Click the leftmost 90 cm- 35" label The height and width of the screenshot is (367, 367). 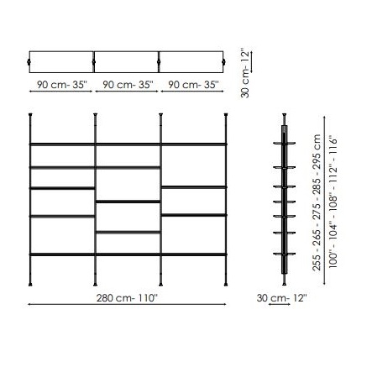point(61,86)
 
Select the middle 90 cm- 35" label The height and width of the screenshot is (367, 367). point(126,86)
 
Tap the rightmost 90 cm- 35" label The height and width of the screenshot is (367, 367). point(191,86)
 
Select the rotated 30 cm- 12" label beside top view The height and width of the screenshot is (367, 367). point(246,75)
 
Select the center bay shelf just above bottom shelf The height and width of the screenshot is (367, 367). point(128,231)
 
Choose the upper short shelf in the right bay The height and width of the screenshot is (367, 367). point(193,186)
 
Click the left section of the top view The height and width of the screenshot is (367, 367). point(62,60)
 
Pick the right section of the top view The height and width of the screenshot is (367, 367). point(191,60)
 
